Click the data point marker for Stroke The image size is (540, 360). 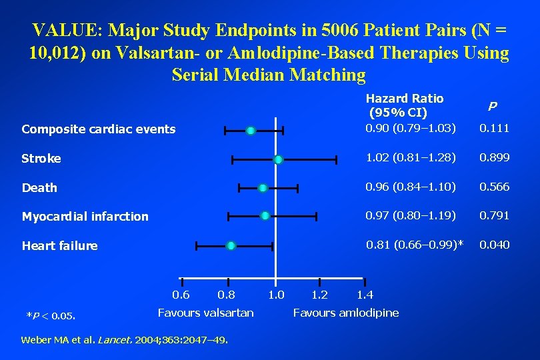[278, 159]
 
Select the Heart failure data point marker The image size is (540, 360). [231, 246]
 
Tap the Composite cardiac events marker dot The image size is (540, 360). [250, 131]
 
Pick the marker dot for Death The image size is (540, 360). [263, 188]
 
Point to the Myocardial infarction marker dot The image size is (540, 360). [265, 215]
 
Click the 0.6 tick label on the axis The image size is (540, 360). [181, 295]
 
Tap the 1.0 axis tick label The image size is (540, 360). [275, 295]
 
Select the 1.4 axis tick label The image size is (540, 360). [365, 295]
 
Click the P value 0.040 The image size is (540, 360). [495, 245]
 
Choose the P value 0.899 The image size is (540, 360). [495, 158]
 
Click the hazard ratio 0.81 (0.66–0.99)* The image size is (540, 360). [415, 245]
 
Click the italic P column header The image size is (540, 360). [492, 106]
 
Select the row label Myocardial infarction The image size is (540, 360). [85, 216]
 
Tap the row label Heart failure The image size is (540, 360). [59, 246]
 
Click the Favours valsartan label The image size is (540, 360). [205, 313]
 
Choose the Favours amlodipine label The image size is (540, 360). [346, 313]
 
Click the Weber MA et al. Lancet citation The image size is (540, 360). [125, 340]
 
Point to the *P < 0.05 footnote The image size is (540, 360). [50, 315]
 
